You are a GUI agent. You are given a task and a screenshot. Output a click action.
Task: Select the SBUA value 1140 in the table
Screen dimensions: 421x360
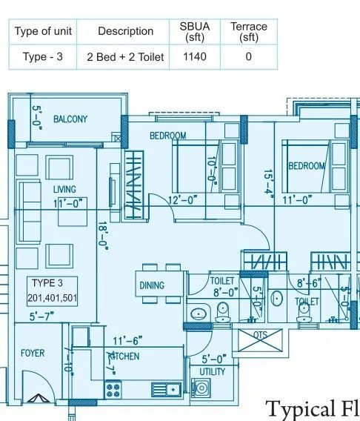[195, 56]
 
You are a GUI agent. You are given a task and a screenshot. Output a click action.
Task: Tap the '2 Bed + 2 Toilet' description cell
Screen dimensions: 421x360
[125, 56]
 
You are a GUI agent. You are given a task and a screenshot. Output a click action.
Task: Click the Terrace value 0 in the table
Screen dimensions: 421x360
[248, 56]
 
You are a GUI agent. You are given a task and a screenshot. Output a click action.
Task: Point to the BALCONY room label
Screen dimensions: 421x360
[69, 119]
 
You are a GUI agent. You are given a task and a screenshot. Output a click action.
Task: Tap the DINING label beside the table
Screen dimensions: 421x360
[151, 285]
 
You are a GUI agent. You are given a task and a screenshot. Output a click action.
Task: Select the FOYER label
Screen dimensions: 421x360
[32, 353]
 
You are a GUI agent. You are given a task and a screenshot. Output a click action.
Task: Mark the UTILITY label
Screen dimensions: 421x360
[213, 371]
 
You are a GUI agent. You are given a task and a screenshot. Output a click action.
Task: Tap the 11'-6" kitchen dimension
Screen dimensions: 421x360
[126, 342]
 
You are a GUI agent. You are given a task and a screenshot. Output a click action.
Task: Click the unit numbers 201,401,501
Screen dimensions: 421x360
[52, 299]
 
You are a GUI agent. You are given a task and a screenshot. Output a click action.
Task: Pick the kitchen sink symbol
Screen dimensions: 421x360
[165, 388]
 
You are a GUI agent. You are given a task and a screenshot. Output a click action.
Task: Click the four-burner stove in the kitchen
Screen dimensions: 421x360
[113, 388]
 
